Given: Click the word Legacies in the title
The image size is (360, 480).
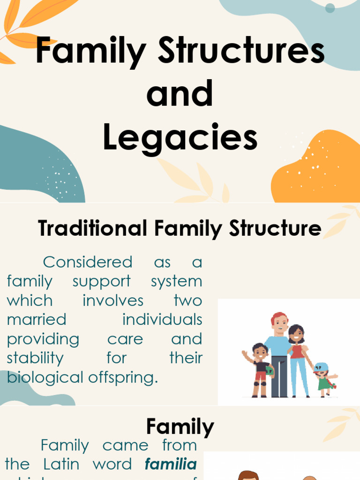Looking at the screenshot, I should (x=180, y=138).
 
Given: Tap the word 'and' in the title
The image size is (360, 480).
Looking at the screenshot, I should (x=180, y=93).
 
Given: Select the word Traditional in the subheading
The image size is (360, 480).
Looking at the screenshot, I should (x=93, y=228).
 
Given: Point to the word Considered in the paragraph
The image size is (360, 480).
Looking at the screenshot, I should (x=88, y=262).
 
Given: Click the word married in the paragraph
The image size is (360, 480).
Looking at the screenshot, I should (x=37, y=320).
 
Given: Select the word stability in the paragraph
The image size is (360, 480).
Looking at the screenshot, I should (x=35, y=358).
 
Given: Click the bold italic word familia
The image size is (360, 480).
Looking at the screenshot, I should (x=171, y=464).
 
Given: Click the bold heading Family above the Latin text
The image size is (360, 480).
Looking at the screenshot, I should (x=180, y=427).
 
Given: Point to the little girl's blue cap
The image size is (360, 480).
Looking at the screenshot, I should (x=322, y=367).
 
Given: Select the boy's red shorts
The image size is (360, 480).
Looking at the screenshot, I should (x=261, y=375).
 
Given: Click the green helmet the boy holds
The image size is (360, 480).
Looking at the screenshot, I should (x=270, y=370).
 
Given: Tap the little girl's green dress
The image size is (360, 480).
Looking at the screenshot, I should (x=324, y=383).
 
